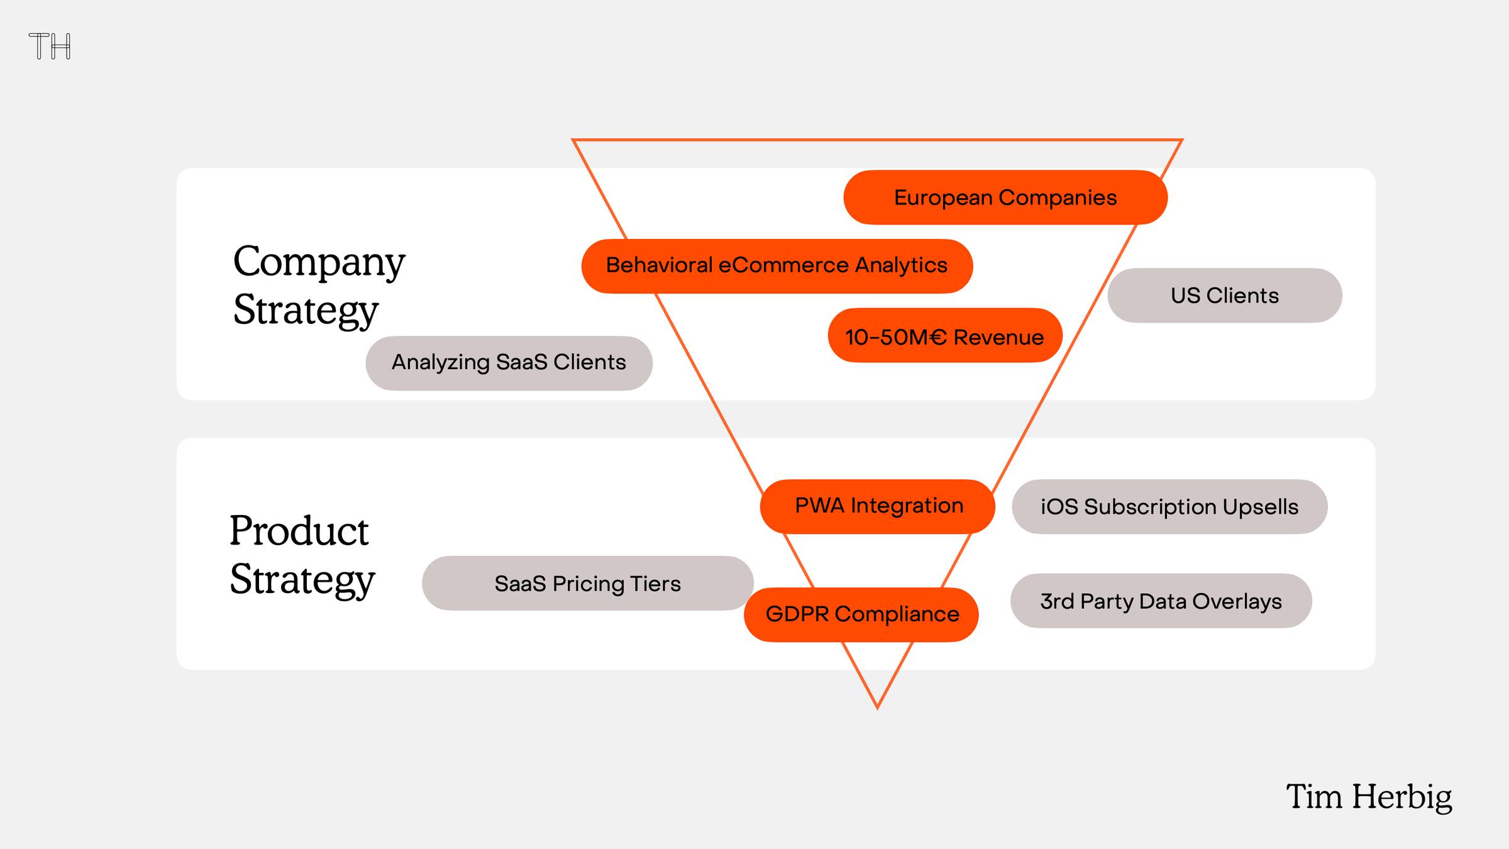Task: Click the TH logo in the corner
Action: (x=50, y=46)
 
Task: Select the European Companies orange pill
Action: (x=1005, y=197)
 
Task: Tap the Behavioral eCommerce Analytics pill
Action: (x=777, y=266)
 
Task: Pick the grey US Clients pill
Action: (x=1225, y=296)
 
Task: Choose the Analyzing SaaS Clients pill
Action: (x=509, y=363)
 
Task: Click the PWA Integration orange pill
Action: (x=878, y=506)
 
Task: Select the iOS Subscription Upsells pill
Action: (x=1169, y=506)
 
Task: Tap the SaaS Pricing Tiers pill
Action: (x=588, y=583)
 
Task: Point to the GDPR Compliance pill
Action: (x=861, y=614)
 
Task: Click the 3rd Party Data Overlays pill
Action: (x=1161, y=601)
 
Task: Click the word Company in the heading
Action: (x=319, y=263)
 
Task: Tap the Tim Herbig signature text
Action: (x=1369, y=797)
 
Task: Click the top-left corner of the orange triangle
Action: (x=573, y=140)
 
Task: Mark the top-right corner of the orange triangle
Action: (x=1183, y=140)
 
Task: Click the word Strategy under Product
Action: (x=302, y=580)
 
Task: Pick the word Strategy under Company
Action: (x=306, y=311)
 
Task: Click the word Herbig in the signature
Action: (x=1402, y=797)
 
